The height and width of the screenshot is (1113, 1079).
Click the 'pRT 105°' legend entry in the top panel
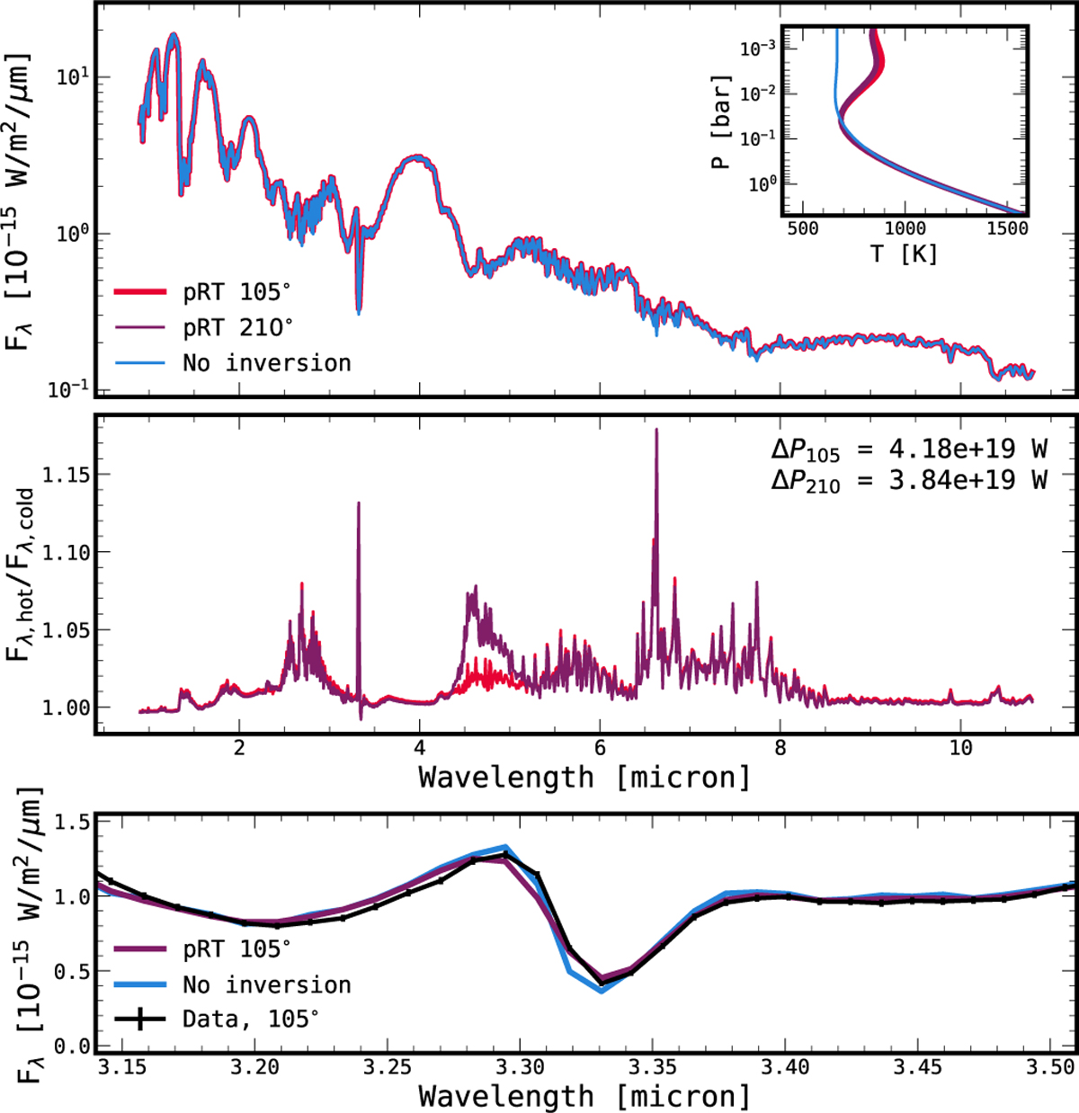pyautogui.click(x=238, y=292)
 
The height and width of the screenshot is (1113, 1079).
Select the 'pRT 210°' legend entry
pyautogui.click(x=238, y=327)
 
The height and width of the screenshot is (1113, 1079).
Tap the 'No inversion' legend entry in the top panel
pyautogui.click(x=266, y=362)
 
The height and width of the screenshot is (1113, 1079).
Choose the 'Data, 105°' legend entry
pyautogui.click(x=250, y=1019)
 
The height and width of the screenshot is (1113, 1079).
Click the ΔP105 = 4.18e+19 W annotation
pyautogui.click(x=909, y=448)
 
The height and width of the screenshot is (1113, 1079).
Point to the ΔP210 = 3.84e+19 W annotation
pyautogui.click(x=909, y=480)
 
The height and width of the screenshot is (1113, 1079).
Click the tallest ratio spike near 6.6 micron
pyautogui.click(x=656, y=431)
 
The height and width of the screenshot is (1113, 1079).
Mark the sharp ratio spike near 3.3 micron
pyautogui.click(x=359, y=503)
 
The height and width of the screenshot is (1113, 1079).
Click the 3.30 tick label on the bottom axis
pyautogui.click(x=520, y=1068)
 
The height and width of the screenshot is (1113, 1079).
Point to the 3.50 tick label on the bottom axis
pyautogui.click(x=1052, y=1068)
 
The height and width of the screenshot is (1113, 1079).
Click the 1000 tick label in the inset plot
pyautogui.click(x=905, y=228)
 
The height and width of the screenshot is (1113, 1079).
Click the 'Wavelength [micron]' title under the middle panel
pyautogui.click(x=584, y=777)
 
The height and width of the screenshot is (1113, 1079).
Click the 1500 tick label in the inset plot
pyautogui.click(x=1007, y=228)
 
